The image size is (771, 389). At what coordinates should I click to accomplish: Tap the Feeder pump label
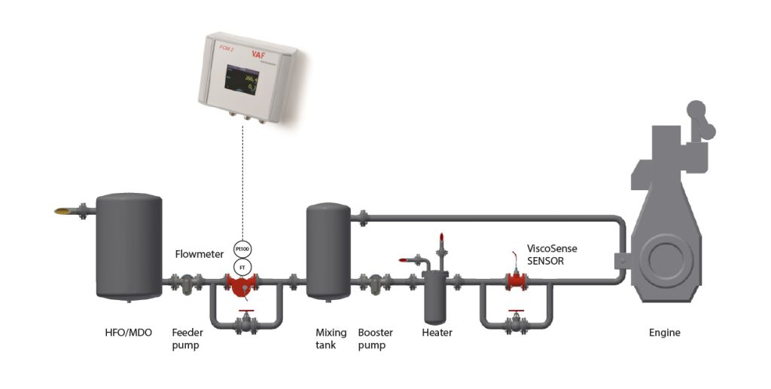coord(187,338)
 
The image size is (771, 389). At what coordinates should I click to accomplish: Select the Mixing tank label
coord(331,338)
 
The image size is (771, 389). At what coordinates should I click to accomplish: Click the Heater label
coord(437,332)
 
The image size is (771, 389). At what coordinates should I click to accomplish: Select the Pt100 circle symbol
coord(242,250)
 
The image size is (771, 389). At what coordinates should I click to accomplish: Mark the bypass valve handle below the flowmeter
coord(242,311)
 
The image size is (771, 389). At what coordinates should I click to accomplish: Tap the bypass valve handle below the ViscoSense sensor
coord(516,311)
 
